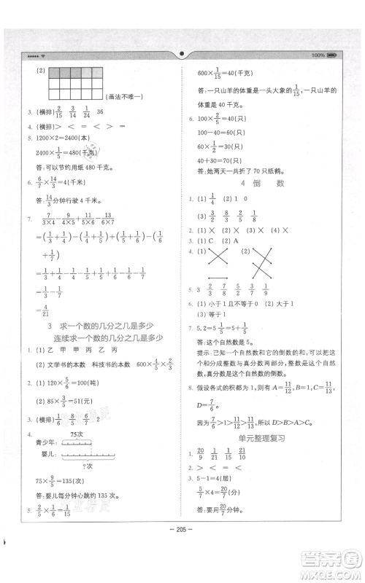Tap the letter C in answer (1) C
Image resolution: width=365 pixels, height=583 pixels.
(212, 239)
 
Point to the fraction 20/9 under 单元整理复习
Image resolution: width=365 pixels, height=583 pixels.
(201, 454)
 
